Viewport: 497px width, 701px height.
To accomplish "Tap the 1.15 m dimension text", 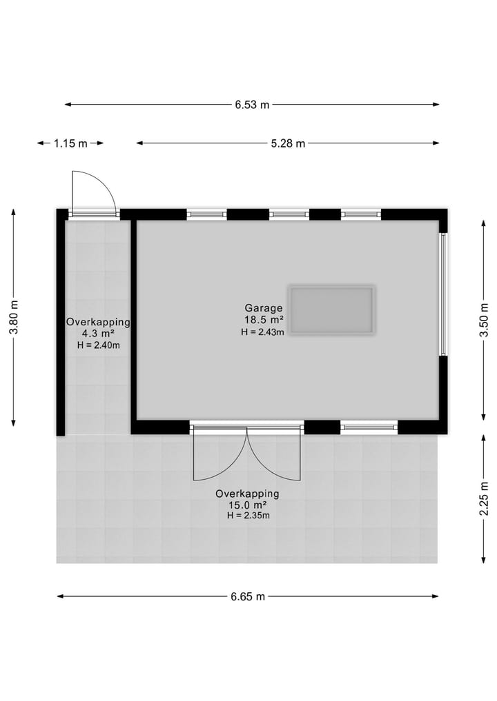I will (x=71, y=143).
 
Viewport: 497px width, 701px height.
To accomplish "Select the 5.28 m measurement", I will (x=289, y=143).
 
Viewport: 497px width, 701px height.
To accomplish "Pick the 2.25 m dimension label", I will (x=484, y=497).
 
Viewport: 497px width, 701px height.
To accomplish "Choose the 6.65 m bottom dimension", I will (x=248, y=596).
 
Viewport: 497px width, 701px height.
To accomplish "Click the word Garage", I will (x=263, y=308).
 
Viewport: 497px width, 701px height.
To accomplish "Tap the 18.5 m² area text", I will (x=263, y=320).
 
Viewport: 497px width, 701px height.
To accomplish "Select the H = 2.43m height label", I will (x=263, y=332).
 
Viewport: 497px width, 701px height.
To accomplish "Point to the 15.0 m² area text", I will (x=247, y=505).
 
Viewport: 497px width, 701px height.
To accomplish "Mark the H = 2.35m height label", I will (x=247, y=516).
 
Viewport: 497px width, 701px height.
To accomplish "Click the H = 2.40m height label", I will (x=98, y=345).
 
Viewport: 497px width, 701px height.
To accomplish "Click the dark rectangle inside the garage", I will (x=332, y=310).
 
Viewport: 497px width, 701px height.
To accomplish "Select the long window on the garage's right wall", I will (x=444, y=294).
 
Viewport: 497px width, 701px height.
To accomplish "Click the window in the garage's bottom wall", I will (x=369, y=428).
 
